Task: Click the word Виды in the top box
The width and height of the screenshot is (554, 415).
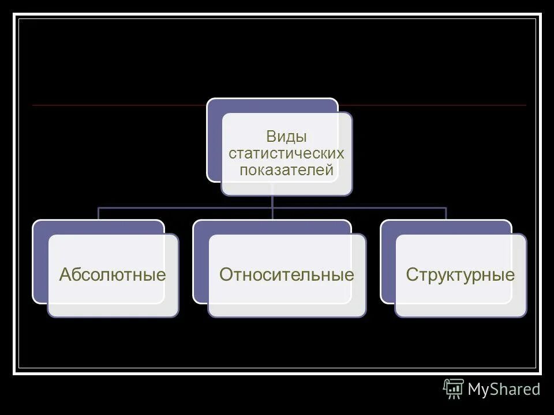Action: click(x=286, y=137)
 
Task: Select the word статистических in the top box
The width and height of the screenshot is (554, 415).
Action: click(x=286, y=154)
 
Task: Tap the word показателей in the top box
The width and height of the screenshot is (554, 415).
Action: click(x=286, y=171)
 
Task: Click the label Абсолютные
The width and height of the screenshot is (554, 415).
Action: click(x=113, y=274)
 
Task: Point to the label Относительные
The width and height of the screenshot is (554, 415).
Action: click(x=287, y=274)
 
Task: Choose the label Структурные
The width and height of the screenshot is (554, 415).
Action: click(x=460, y=274)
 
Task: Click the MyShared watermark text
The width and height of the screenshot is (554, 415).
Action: click(x=504, y=390)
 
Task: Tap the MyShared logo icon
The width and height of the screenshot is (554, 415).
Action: click(x=454, y=389)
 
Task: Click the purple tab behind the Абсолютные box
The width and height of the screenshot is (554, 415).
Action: click(x=40, y=259)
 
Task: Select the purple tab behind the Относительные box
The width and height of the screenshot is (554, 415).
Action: click(x=200, y=259)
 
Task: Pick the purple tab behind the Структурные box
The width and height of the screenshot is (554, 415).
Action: click(x=387, y=259)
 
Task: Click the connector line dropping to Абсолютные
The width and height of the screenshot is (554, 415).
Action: click(x=98, y=213)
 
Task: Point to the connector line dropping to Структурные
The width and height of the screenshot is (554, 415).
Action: click(x=446, y=213)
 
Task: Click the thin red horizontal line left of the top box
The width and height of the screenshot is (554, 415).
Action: click(x=115, y=105)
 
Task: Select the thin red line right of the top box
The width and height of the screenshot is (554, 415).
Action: click(x=439, y=105)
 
